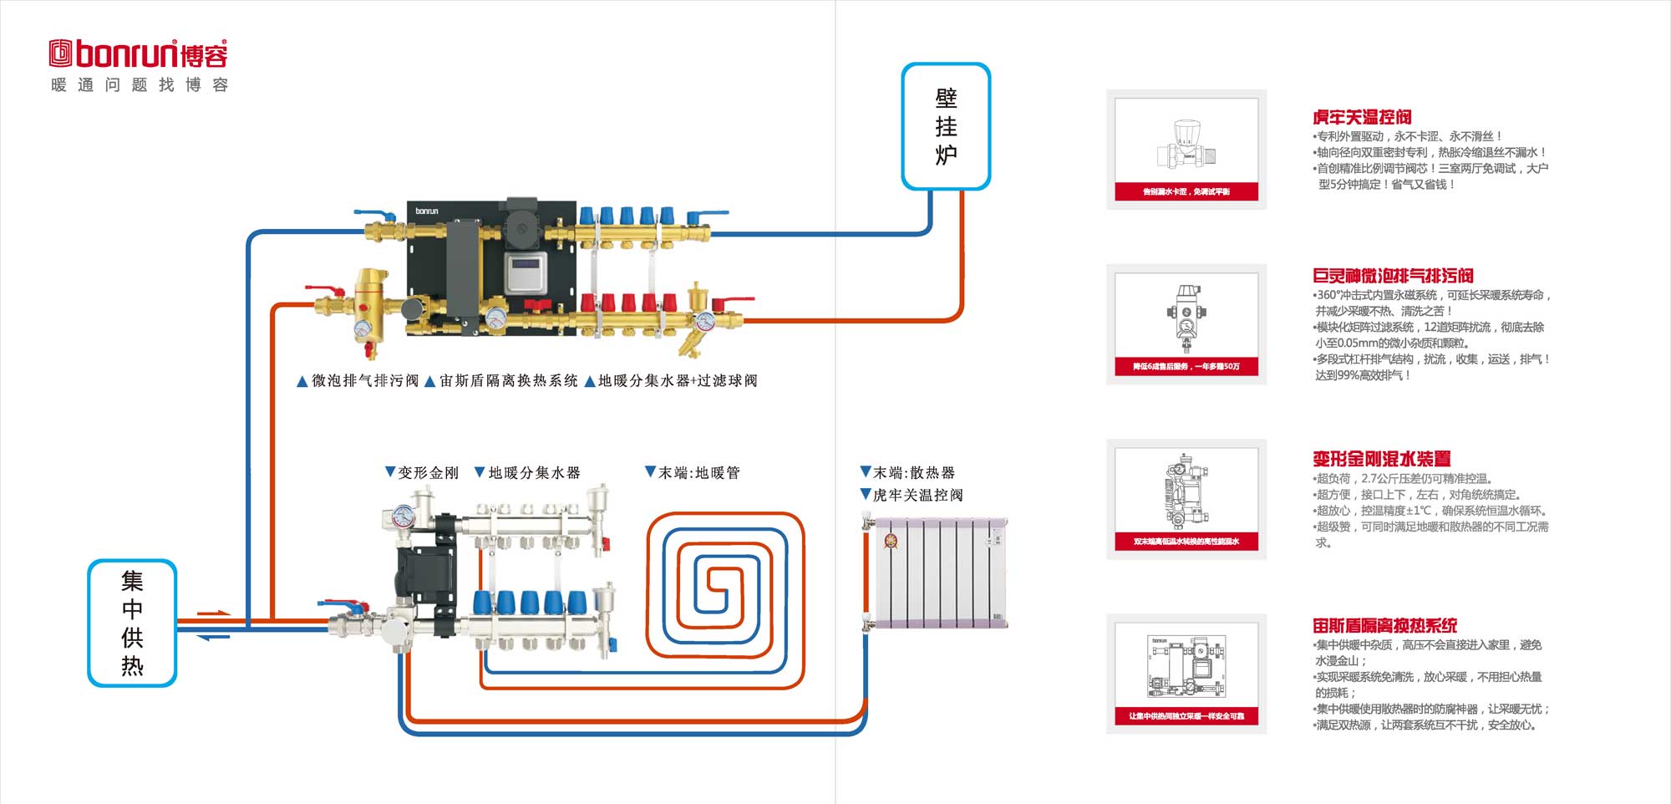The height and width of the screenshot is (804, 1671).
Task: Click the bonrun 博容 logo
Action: click(x=139, y=53)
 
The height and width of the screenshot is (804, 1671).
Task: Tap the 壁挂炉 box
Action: click(x=946, y=126)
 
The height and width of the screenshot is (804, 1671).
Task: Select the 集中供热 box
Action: click(x=132, y=623)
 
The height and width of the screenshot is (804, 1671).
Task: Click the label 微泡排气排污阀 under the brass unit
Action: click(x=358, y=381)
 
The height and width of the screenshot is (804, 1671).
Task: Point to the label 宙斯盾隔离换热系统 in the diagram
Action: click(x=501, y=381)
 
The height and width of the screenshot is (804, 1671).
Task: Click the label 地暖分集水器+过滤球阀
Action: click(x=672, y=381)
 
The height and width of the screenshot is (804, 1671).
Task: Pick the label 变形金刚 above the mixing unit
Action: click(x=422, y=473)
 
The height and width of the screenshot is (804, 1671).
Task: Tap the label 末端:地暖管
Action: click(x=693, y=473)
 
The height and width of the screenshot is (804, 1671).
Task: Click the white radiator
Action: click(x=939, y=572)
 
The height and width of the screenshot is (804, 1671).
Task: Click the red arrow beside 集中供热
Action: click(x=213, y=613)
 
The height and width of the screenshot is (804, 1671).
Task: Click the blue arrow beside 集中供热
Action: click(x=213, y=638)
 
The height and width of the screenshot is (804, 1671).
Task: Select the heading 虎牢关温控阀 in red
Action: click(x=1362, y=118)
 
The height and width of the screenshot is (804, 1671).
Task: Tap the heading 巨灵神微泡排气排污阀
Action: click(x=1393, y=276)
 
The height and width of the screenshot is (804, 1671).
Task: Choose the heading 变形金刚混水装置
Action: click(x=1381, y=459)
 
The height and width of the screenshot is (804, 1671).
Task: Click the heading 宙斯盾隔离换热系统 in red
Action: click(x=1384, y=625)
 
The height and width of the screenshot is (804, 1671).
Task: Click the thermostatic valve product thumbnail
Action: click(x=1186, y=149)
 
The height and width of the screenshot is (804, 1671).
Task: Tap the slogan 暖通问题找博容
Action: click(x=140, y=85)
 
